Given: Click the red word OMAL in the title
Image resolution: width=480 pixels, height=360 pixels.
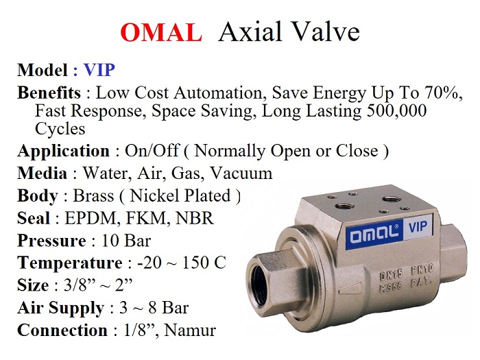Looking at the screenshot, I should tap(161, 33).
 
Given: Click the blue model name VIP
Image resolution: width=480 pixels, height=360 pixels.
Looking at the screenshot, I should tap(99, 70).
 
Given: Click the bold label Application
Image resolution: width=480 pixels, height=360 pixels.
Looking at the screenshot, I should tap(63, 151).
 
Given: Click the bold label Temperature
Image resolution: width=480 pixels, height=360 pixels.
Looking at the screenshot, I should tap(69, 263).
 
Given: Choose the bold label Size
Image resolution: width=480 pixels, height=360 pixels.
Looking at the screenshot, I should tap(32, 285).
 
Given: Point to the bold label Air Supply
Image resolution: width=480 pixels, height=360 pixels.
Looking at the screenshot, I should tap(60, 308).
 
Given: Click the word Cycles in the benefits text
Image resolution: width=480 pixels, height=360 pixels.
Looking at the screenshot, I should tap(60, 128).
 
